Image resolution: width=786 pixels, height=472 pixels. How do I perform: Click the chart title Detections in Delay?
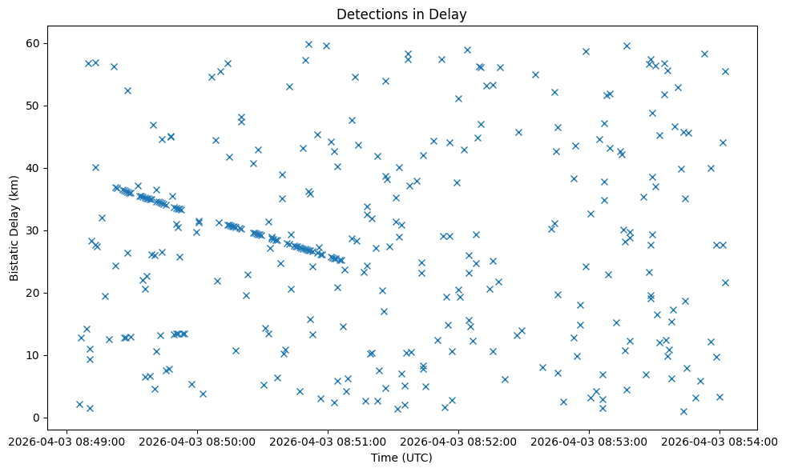[401, 14]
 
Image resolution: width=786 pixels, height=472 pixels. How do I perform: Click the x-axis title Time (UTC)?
[401, 458]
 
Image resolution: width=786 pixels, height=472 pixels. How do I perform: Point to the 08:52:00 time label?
[458, 441]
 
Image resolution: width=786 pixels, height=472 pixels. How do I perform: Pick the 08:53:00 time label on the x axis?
[589, 441]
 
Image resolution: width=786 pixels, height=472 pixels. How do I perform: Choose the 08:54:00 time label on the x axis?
[719, 441]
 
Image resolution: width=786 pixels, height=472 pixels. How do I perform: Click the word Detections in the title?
[369, 14]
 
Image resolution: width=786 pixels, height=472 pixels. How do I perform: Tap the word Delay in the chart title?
[450, 14]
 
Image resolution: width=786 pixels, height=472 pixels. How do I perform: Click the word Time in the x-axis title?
[384, 458]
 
